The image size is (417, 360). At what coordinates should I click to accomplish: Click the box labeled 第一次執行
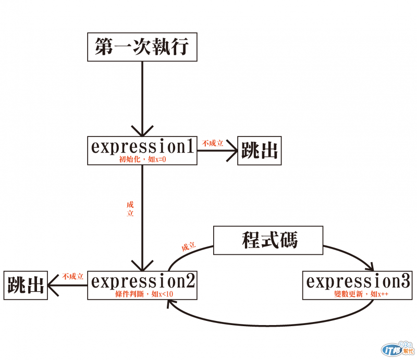[142, 47]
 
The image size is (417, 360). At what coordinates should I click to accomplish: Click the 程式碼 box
[269, 240]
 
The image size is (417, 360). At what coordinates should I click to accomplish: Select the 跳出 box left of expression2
[25, 285]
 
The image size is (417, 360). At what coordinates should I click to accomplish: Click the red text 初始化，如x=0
[142, 160]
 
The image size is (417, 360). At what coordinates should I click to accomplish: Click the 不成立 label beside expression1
[213, 143]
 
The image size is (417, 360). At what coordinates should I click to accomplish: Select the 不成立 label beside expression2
[72, 276]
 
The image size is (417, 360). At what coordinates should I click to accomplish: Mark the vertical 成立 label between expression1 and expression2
[130, 208]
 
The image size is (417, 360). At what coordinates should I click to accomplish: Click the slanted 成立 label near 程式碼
[189, 246]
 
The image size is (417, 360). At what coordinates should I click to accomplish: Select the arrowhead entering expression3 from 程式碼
[369, 267]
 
